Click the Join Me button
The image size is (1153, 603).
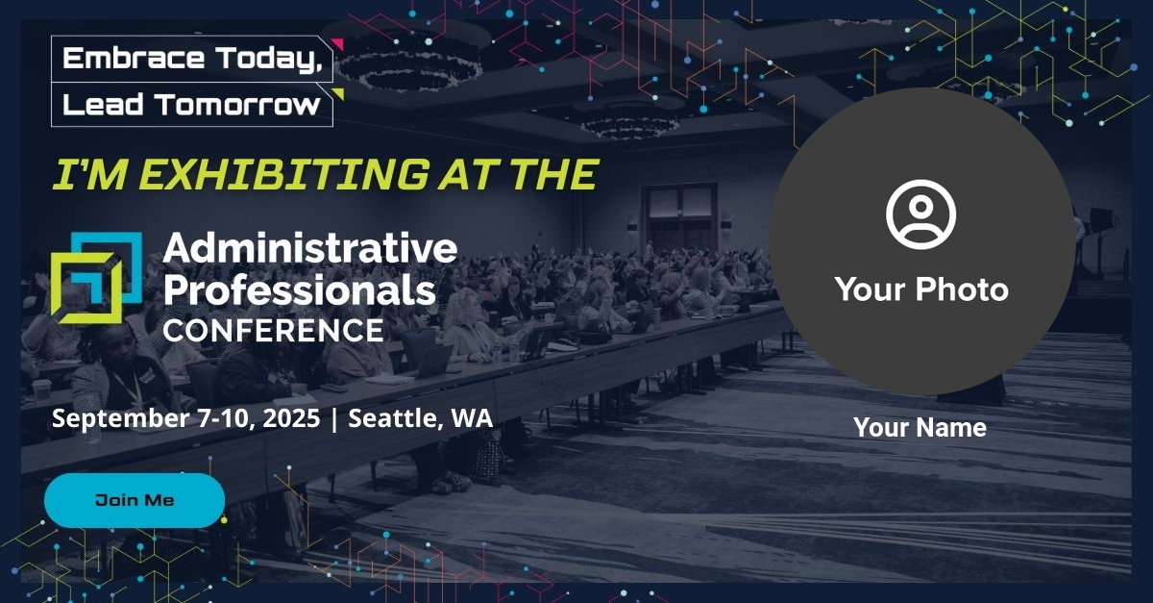coord(135,500)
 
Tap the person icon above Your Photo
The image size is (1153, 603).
coord(920,214)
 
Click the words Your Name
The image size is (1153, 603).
coord(920,427)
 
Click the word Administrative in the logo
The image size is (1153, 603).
coord(309,248)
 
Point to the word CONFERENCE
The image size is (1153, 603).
coord(273,331)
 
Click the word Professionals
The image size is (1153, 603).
coord(300,289)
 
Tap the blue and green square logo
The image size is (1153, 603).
coord(96,278)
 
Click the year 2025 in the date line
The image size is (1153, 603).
coord(291,417)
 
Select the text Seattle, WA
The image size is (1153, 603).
coord(421,418)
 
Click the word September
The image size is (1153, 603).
coord(120,418)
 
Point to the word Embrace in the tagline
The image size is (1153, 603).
coord(134,58)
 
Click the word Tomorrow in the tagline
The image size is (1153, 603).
coord(237,105)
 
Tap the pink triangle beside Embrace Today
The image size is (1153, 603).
coord(337,44)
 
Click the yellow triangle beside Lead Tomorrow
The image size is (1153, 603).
coord(338,94)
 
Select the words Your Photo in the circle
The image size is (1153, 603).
coord(921,289)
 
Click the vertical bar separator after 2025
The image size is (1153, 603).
coord(334,418)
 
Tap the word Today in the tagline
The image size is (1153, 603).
coord(269,59)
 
